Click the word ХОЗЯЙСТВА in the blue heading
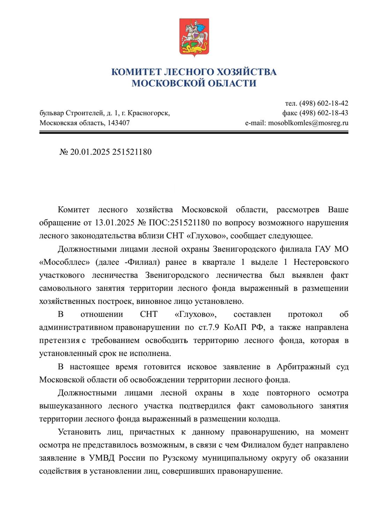tap(246, 72)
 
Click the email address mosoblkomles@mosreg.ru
tap(308, 123)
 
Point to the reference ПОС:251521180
tap(179, 223)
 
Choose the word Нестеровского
tap(321, 262)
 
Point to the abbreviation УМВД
tap(102, 458)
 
